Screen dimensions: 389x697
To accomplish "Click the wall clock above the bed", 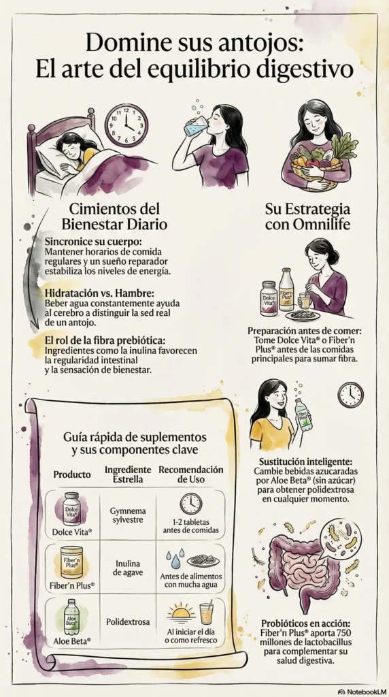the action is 126,125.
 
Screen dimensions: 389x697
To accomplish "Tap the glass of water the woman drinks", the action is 195,127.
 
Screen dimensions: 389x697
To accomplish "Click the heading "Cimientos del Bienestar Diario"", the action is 114,216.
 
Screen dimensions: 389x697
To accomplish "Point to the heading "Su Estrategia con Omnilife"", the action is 308,216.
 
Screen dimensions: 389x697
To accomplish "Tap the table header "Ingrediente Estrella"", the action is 128,474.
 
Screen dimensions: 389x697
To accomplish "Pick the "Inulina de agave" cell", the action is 128,568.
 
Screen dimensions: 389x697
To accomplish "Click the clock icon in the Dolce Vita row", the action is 191,504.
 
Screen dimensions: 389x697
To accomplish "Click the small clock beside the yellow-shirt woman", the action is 350,395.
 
